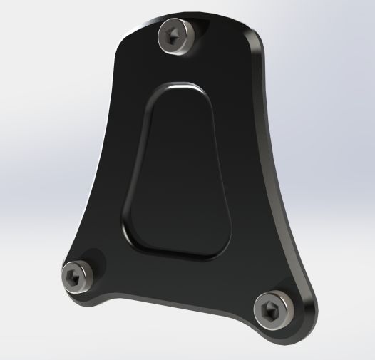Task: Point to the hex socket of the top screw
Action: point(175,34)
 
